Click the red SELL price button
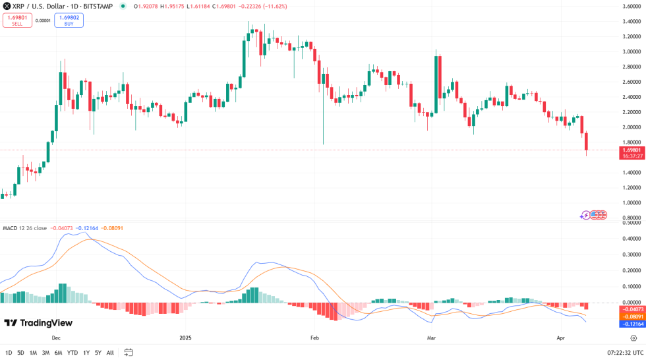point(17,20)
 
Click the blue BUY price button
point(69,20)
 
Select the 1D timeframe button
point(9,353)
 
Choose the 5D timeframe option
point(21,353)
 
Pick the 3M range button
point(46,353)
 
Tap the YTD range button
point(73,353)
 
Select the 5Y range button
point(98,353)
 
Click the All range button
point(110,353)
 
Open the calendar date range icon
point(129,353)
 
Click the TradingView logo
point(38,323)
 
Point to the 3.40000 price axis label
point(631,21)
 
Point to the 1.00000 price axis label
point(631,203)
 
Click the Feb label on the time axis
point(314,338)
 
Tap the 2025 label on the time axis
point(185,338)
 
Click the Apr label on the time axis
point(560,338)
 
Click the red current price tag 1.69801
point(631,150)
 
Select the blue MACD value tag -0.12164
point(631,324)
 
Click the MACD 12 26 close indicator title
point(24,228)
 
